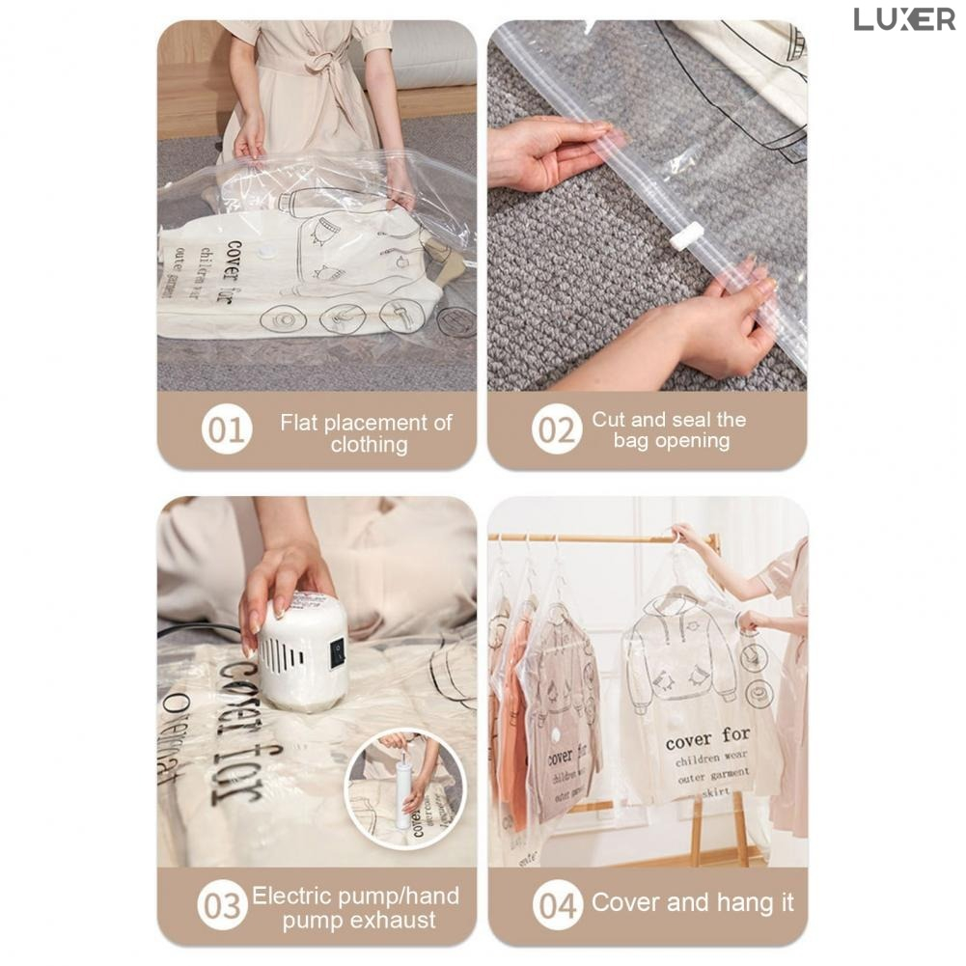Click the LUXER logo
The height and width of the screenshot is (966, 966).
pyautogui.click(x=903, y=19)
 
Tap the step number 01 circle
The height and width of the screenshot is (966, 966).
pyautogui.click(x=227, y=430)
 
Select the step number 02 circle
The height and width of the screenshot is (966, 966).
pyautogui.click(x=557, y=430)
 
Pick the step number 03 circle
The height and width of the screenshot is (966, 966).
pyautogui.click(x=223, y=907)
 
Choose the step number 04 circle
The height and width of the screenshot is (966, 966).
pyautogui.click(x=558, y=906)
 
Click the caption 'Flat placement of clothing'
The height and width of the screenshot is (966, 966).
pyautogui.click(x=367, y=433)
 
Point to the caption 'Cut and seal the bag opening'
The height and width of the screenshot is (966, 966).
pyautogui.click(x=670, y=430)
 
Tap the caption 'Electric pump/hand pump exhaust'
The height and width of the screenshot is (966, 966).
pyautogui.click(x=356, y=908)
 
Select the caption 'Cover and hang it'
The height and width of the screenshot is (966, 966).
pyautogui.click(x=692, y=903)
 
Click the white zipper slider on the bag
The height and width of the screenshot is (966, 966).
pyautogui.click(x=687, y=235)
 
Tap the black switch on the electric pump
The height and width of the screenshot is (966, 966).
pyautogui.click(x=337, y=653)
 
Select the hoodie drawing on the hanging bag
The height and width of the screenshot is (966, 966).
pyautogui.click(x=679, y=651)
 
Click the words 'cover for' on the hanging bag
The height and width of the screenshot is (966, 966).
pyautogui.click(x=707, y=739)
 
